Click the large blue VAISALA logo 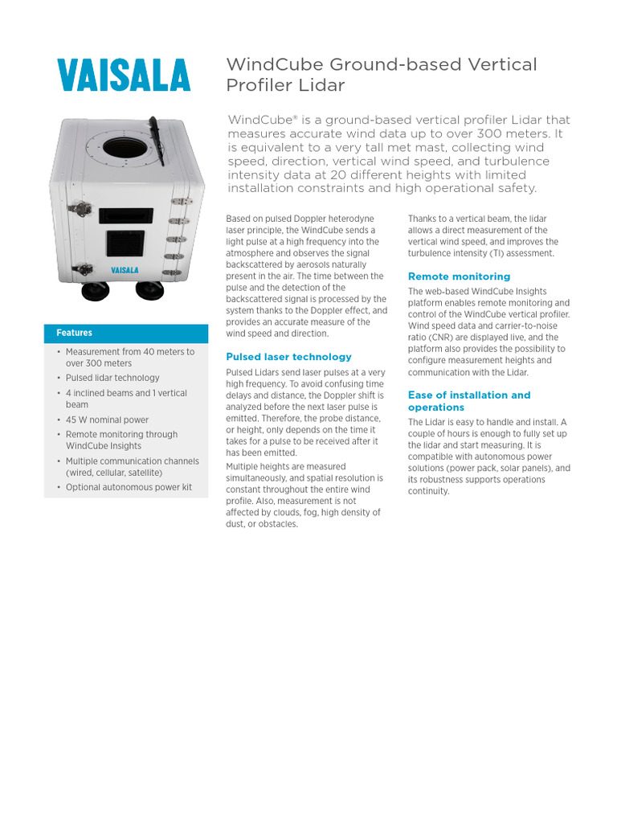124,76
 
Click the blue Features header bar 126,333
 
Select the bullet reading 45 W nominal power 107,420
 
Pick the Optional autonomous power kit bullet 129,487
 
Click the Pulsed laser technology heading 288,357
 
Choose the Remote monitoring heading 459,276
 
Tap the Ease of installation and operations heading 469,401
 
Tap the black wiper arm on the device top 156,140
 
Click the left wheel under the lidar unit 96,291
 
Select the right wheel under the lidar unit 149,289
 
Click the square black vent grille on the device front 125,244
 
